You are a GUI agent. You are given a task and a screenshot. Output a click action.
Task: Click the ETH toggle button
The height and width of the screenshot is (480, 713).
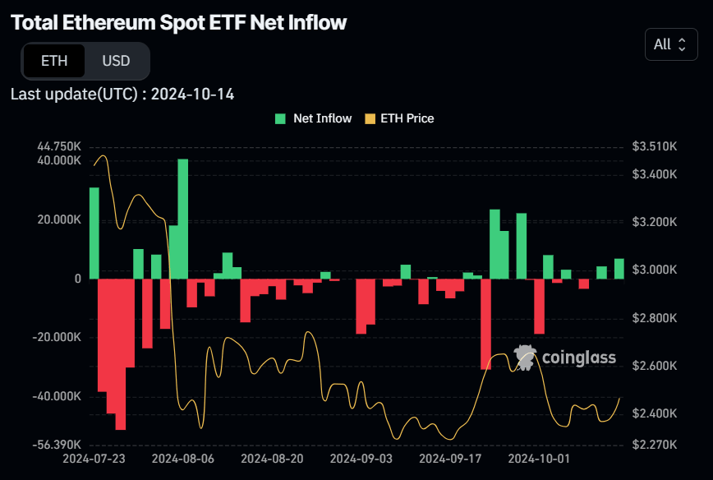click(54, 61)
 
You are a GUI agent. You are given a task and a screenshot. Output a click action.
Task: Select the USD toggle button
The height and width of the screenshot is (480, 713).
click(116, 61)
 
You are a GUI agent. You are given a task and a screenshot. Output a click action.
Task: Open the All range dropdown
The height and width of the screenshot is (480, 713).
click(670, 44)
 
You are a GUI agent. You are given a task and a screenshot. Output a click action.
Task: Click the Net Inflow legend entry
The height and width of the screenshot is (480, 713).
click(314, 118)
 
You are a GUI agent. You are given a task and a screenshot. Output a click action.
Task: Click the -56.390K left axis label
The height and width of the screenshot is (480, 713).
click(57, 445)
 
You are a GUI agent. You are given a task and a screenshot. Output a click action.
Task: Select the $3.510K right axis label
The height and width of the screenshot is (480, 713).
click(654, 146)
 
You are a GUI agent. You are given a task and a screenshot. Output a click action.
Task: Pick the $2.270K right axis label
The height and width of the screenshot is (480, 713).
click(654, 445)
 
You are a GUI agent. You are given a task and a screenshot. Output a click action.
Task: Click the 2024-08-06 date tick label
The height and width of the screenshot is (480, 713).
click(183, 458)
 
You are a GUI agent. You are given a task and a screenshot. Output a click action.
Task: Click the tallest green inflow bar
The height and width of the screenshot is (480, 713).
click(183, 219)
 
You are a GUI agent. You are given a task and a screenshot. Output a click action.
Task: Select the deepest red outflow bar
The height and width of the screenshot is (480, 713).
click(121, 353)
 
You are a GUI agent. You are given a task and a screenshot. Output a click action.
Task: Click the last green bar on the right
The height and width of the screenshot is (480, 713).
click(619, 269)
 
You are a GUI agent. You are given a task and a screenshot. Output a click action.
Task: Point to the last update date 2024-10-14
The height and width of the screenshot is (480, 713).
click(192, 95)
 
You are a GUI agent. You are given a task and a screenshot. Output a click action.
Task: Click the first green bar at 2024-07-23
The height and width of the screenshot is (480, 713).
click(94, 233)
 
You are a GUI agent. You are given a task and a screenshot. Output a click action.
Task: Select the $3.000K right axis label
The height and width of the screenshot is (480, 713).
click(654, 270)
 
